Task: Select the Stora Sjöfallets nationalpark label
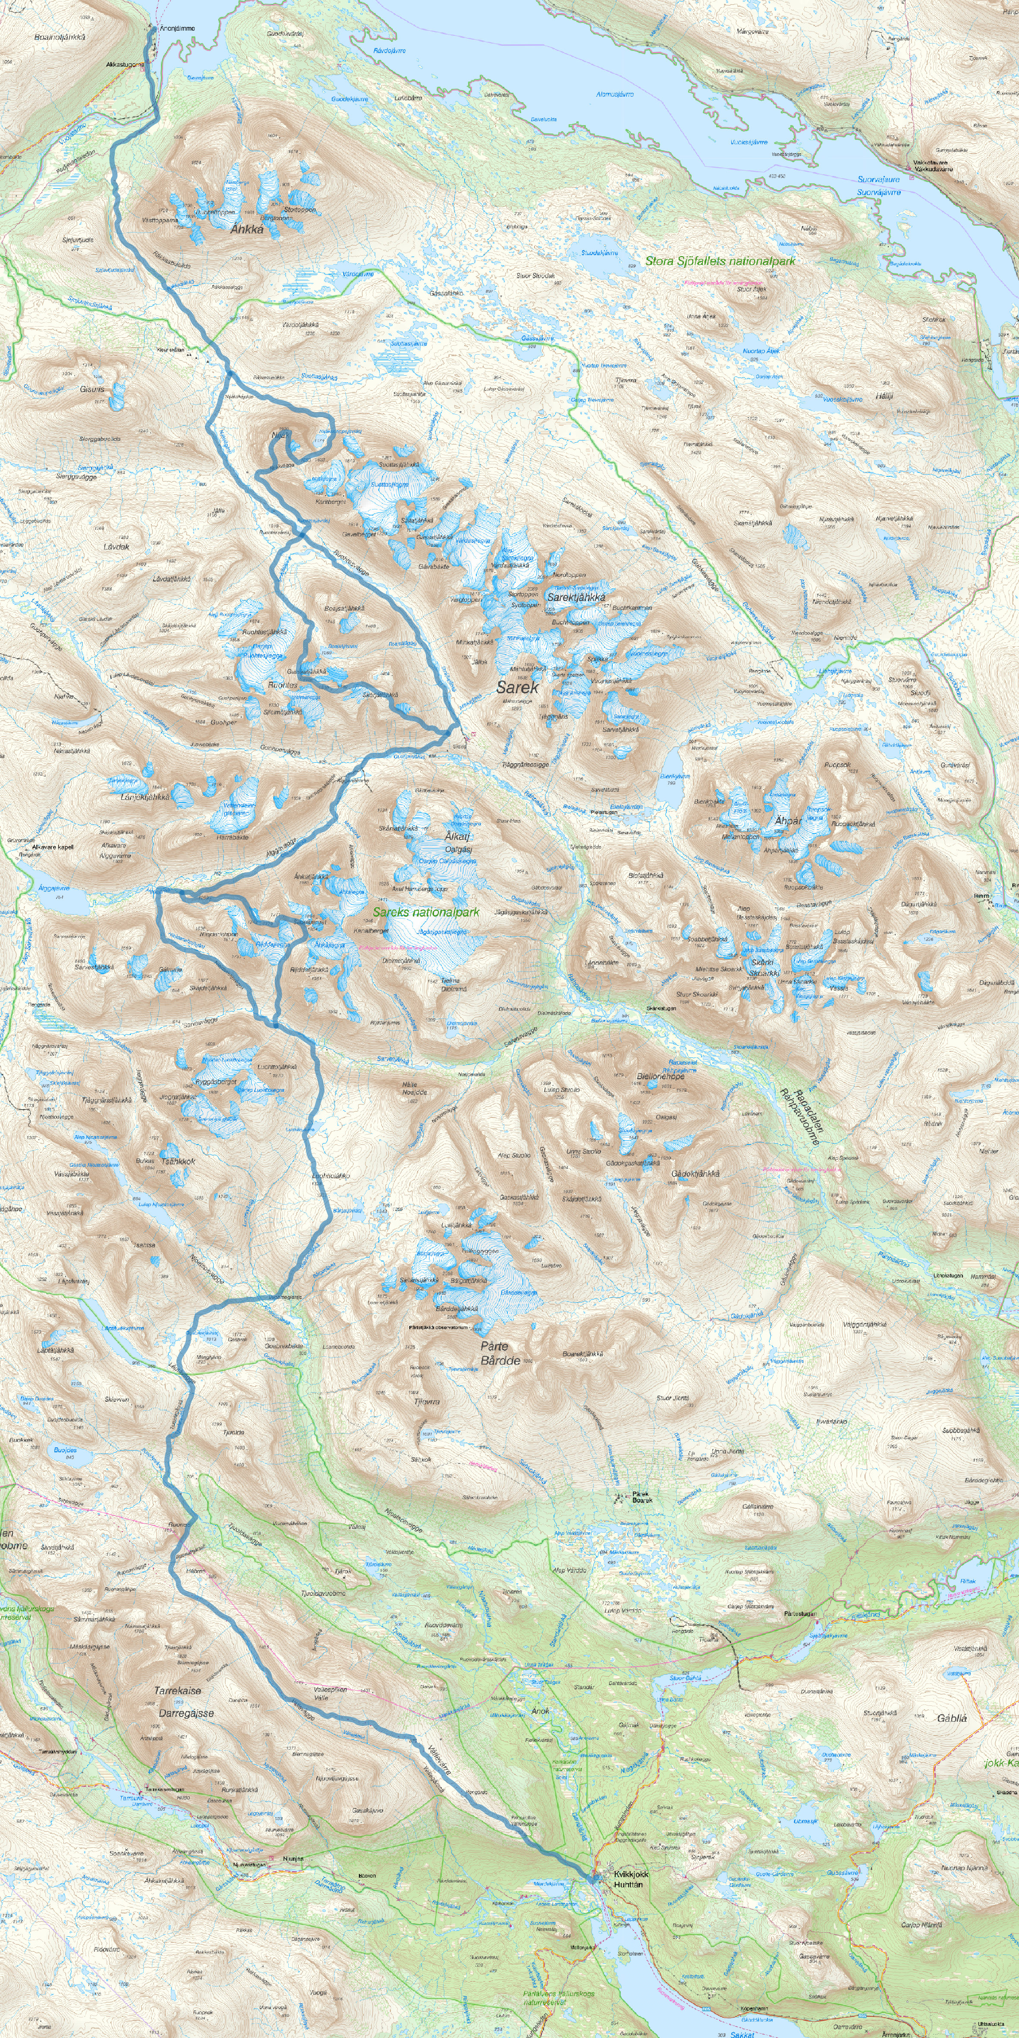(x=720, y=260)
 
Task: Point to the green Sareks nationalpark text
(x=426, y=912)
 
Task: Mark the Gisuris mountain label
(x=92, y=389)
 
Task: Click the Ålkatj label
(x=457, y=836)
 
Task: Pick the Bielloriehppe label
(x=660, y=1076)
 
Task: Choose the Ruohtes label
(x=283, y=685)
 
